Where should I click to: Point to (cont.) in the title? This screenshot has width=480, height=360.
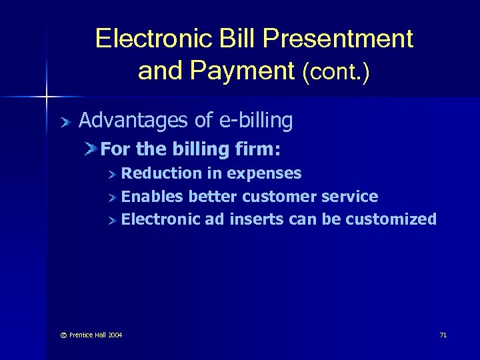pos(336,72)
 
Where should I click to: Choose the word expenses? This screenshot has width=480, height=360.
pos(265,174)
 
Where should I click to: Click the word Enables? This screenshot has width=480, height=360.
pos(153,197)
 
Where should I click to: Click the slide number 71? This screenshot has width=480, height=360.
pos(443,334)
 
